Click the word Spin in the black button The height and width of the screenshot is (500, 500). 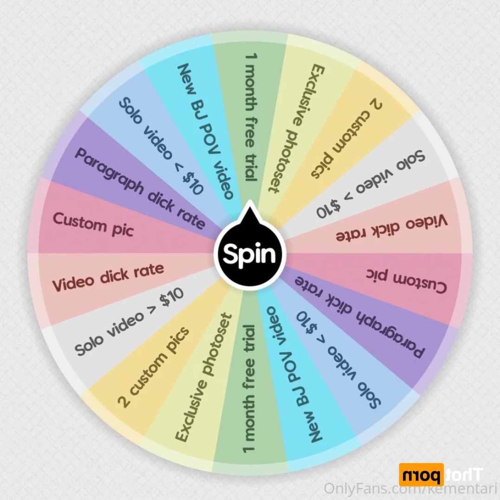249,254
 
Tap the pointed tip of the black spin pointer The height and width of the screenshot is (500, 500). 250,200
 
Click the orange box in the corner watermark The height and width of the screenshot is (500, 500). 421,475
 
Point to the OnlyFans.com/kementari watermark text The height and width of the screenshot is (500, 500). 411,488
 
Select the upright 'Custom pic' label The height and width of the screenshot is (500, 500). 93,225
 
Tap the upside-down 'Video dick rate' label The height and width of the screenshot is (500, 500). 392,228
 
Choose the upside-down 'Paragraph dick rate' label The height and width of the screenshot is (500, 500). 360,316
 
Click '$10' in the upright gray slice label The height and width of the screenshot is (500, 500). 172,297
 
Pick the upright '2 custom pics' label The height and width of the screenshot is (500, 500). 154,367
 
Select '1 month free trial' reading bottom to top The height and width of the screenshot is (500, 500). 250,389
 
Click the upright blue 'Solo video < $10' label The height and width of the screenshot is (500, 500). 161,146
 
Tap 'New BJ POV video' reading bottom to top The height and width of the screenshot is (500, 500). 293,375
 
